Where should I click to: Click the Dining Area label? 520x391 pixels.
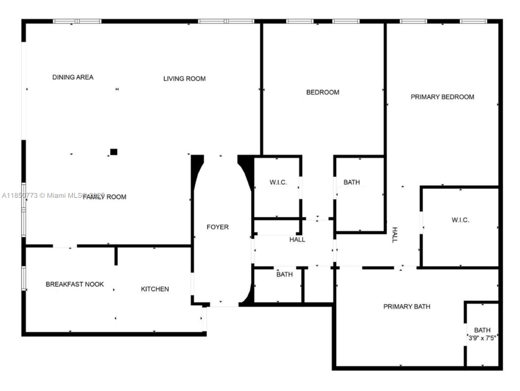pos(73,77)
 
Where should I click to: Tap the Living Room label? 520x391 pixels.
pos(184,79)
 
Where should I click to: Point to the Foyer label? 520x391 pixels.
pos(218,227)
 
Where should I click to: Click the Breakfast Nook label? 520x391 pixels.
pos(75,284)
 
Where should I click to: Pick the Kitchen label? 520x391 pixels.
pos(155,289)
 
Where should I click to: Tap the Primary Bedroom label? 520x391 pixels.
pos(442,97)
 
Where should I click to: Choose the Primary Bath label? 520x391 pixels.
pos(407,306)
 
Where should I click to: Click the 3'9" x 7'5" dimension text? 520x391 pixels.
pos(482,338)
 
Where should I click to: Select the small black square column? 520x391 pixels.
pos(114,152)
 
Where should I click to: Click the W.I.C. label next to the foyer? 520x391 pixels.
pos(278,182)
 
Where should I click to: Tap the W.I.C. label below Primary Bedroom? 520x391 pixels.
pos(460,220)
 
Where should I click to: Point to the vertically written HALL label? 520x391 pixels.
pos(395,235)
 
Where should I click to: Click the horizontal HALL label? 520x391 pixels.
pos(297,239)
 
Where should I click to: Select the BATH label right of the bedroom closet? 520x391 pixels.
pos(352,182)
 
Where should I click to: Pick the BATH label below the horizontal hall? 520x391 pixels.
pos(284,274)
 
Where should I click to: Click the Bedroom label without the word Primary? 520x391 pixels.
pos(323,92)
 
